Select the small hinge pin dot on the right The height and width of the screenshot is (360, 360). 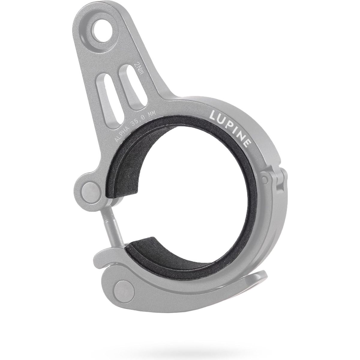coord(264,179)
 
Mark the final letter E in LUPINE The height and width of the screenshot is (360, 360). coord(247,144)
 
